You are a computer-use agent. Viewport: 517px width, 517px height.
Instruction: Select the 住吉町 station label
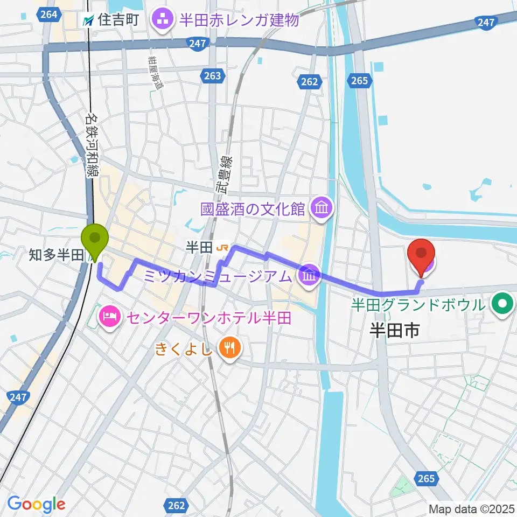(111, 20)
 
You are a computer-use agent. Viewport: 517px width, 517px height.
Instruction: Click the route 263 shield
(212, 76)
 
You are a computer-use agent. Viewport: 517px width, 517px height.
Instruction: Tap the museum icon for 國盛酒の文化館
(322, 207)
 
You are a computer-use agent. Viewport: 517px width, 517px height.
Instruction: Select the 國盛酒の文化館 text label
(253, 208)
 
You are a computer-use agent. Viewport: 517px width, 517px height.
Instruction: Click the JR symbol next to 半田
(221, 248)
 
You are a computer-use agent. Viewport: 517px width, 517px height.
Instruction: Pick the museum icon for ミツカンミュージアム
(309, 276)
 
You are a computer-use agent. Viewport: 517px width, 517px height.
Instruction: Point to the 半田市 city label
(394, 331)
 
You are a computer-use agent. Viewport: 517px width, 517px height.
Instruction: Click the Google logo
(36, 505)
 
